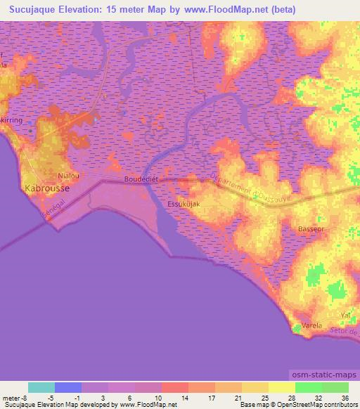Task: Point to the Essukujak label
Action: (x=184, y=204)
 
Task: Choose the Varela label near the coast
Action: (x=311, y=326)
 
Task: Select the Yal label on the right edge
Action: (x=345, y=316)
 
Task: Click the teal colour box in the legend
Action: (x=41, y=387)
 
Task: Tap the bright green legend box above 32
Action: (x=308, y=387)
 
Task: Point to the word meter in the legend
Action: (x=9, y=397)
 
